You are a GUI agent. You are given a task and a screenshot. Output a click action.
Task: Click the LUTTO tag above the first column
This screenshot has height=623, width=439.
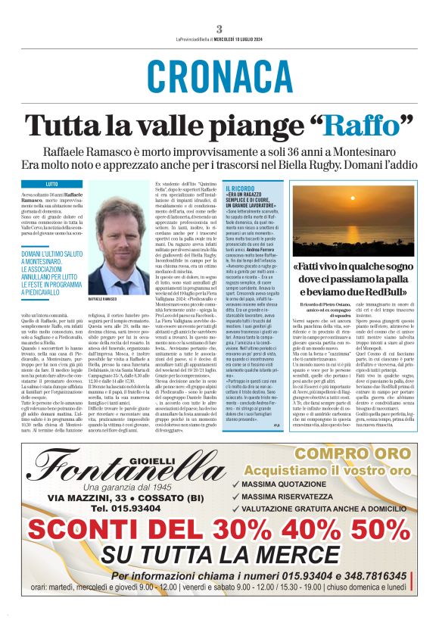pyautogui.click(x=51, y=184)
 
